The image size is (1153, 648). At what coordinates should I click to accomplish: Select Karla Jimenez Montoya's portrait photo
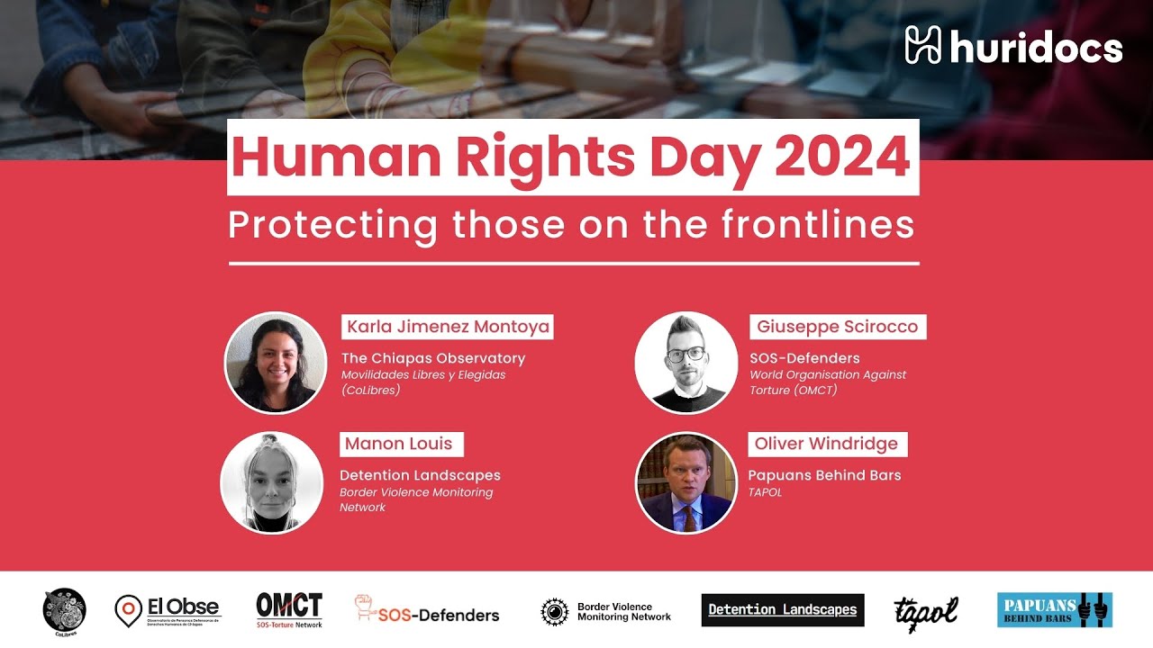275,363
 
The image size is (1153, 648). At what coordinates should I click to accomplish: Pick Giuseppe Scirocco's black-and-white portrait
686,363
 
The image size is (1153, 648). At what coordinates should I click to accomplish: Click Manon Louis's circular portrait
271,482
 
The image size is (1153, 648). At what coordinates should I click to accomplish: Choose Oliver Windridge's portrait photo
686,482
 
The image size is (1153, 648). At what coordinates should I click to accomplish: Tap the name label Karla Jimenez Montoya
448,327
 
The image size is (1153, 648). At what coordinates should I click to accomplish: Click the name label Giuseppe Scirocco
837,327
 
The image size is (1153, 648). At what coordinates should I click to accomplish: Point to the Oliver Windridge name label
826,444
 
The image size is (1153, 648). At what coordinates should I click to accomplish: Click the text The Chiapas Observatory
432,358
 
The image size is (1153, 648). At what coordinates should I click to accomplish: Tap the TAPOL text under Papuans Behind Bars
765,492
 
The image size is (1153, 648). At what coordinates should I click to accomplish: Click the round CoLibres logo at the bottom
65,610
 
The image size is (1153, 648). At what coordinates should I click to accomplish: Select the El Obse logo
168,610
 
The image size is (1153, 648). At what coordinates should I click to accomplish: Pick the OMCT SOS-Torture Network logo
289,609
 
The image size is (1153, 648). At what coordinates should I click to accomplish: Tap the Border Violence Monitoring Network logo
606,612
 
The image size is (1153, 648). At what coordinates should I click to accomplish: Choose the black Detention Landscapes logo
783,610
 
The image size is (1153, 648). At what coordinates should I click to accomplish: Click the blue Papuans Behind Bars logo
1054,609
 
